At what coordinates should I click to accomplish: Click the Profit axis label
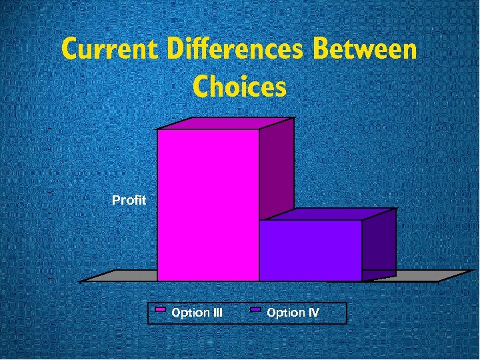pyautogui.click(x=129, y=200)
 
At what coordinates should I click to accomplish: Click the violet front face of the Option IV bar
pyautogui.click(x=310, y=250)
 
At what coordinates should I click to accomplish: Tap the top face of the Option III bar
pyautogui.click(x=225, y=123)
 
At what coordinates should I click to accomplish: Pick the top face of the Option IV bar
pyautogui.click(x=327, y=214)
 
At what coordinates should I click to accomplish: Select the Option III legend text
pyautogui.click(x=197, y=312)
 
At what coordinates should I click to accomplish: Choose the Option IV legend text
pyautogui.click(x=293, y=312)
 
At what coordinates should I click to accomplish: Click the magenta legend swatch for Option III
pyautogui.click(x=160, y=311)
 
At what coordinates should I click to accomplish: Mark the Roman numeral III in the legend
pyautogui.click(x=215, y=312)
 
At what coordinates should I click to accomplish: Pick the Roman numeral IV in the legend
pyautogui.click(x=313, y=312)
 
